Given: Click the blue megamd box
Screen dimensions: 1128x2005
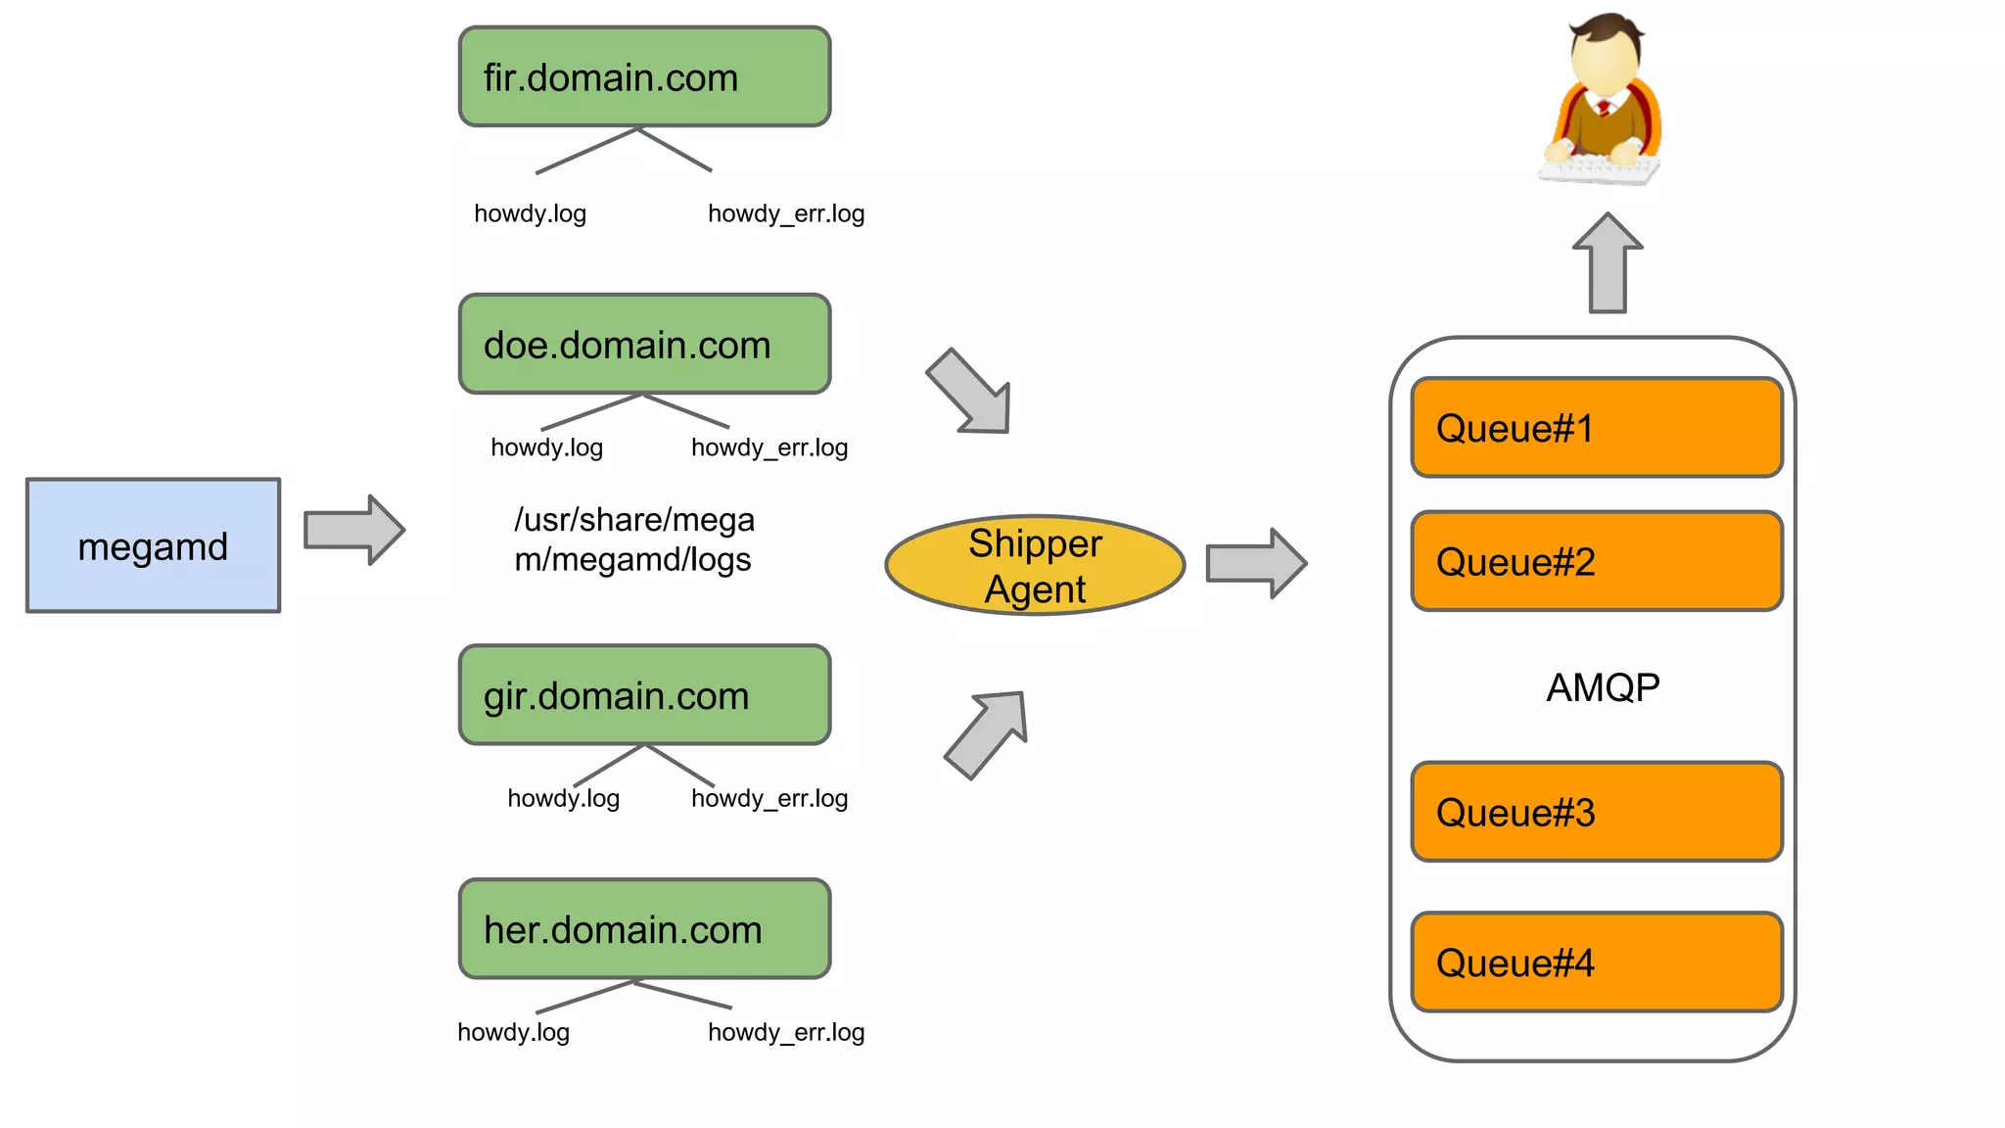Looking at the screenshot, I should [153, 545].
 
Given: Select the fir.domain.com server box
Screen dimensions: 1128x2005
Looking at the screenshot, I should [644, 76].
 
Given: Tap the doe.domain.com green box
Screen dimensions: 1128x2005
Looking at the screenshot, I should [644, 344].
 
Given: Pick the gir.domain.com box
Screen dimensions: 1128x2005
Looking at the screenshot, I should [644, 694].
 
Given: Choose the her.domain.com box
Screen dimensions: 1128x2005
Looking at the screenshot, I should [644, 928].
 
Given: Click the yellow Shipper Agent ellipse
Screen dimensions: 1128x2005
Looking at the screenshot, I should [1035, 565].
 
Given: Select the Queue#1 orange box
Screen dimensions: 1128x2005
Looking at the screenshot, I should [1596, 428].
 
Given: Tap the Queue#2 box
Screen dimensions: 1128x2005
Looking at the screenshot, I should [1596, 561].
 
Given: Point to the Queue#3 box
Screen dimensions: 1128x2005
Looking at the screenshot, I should [1596, 812].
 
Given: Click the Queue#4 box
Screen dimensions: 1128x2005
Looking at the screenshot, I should [1596, 963].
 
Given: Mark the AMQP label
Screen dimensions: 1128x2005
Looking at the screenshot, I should [1602, 687].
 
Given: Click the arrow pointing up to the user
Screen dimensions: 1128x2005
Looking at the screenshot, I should [1608, 264].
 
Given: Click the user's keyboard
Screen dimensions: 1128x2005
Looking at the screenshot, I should [1598, 172].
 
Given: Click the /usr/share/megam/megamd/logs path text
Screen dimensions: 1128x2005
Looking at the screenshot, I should [634, 540].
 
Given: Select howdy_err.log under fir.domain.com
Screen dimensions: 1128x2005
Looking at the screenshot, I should [786, 213].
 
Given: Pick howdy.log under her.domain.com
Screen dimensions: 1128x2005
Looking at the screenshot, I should [513, 1032].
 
